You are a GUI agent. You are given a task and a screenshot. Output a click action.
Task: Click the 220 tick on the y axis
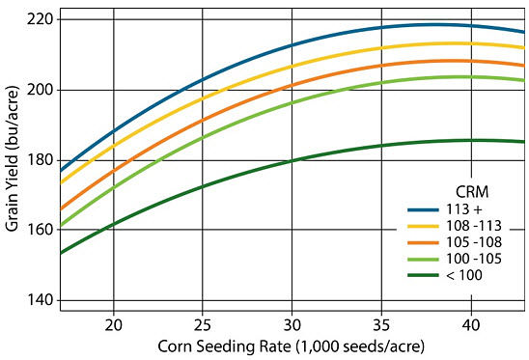(42, 19)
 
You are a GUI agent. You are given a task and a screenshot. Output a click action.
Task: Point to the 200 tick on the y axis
(42, 90)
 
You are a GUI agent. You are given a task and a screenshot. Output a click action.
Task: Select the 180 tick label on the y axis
(42, 160)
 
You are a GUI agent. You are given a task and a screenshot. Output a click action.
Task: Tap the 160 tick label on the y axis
(42, 231)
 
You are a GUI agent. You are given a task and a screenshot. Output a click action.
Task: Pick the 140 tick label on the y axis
(42, 301)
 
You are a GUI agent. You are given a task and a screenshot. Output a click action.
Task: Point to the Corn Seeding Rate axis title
(292, 346)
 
